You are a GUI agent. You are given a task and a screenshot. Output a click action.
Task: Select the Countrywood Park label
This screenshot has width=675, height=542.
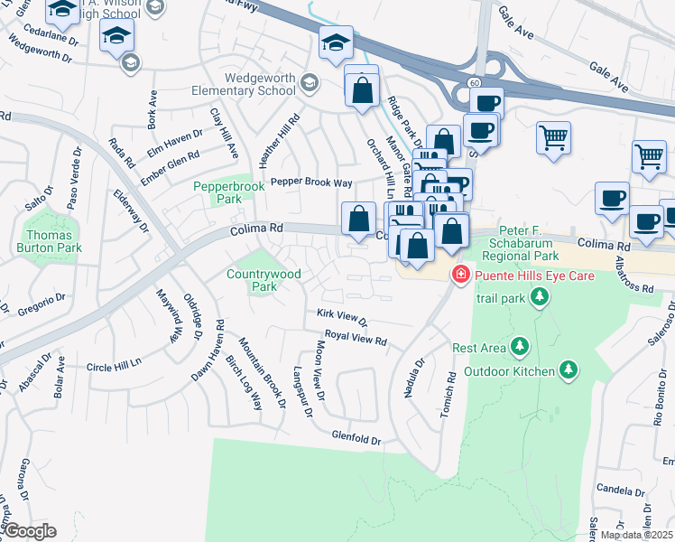click(x=251, y=280)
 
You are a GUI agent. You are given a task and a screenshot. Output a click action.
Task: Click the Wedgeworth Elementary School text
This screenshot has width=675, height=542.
click(x=243, y=84)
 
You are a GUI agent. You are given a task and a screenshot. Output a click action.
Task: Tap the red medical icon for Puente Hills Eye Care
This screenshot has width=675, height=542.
click(x=461, y=274)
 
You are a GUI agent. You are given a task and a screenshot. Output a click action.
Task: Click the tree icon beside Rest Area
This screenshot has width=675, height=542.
click(x=520, y=346)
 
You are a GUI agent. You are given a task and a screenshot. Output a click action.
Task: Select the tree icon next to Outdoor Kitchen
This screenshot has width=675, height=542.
click(x=568, y=369)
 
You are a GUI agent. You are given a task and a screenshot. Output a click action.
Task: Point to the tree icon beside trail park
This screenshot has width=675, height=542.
click(x=540, y=297)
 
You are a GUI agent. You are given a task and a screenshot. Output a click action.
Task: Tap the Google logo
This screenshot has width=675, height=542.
click(x=29, y=531)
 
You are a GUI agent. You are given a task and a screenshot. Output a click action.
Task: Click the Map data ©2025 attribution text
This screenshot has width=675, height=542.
click(x=636, y=535)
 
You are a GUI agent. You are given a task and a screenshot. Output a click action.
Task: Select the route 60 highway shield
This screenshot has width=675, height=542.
click(x=474, y=82)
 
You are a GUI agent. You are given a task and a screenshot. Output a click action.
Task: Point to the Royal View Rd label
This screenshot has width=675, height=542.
click(x=356, y=339)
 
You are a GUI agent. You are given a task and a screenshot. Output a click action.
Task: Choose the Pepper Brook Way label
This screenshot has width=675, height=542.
click(x=311, y=182)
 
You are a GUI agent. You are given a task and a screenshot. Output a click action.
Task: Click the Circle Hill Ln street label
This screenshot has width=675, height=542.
click(x=115, y=366)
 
